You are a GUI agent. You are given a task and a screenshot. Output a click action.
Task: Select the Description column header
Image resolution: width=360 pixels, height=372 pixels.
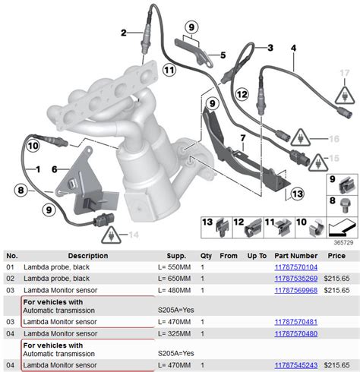coord(87,256)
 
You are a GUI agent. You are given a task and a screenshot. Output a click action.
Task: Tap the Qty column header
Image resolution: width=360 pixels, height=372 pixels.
coord(206,256)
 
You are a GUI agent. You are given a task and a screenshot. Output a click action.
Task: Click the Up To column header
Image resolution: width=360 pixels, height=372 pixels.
coord(256,256)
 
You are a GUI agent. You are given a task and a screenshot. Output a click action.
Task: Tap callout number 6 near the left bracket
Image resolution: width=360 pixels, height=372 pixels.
coord(54,169)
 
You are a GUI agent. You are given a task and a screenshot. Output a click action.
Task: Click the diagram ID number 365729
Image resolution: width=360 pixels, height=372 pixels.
coord(343,242)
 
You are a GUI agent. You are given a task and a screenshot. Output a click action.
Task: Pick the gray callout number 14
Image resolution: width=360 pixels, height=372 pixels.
coord(134,235)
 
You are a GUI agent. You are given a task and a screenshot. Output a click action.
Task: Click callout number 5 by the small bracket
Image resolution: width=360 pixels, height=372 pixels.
coord(223,55)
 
